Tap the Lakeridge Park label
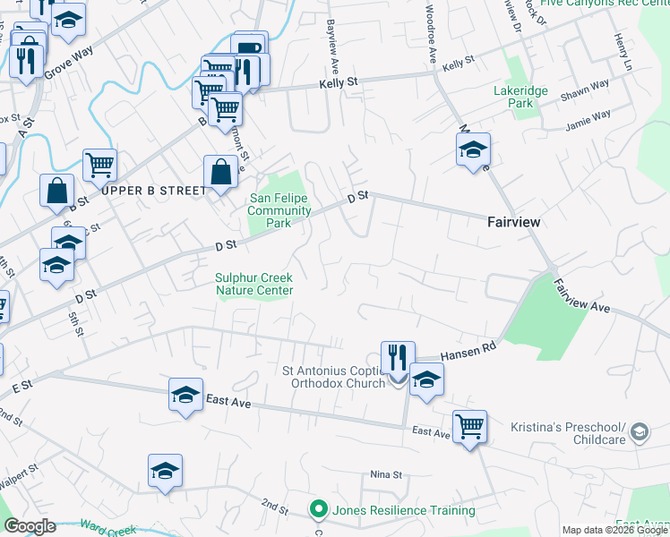point(513,97)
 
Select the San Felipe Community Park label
point(279,210)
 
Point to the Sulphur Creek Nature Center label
point(254,284)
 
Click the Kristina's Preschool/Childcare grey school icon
point(640,432)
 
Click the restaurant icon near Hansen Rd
point(398,358)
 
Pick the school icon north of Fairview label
point(473,150)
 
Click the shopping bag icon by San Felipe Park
point(220,173)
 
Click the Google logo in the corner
point(30,525)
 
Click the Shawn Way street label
point(584,89)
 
